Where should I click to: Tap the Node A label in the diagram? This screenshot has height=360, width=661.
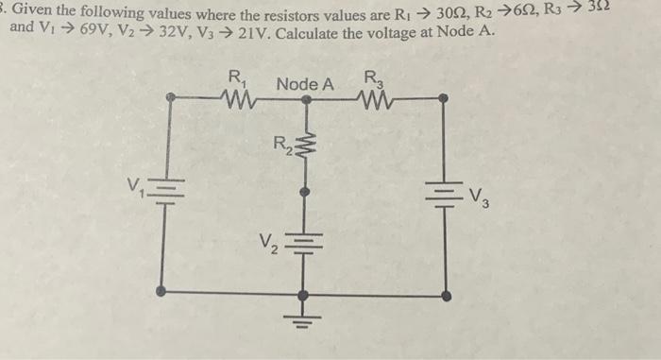click(x=305, y=84)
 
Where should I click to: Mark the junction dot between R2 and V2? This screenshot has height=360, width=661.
click(x=303, y=192)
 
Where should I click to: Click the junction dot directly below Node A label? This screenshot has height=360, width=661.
click(x=303, y=96)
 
